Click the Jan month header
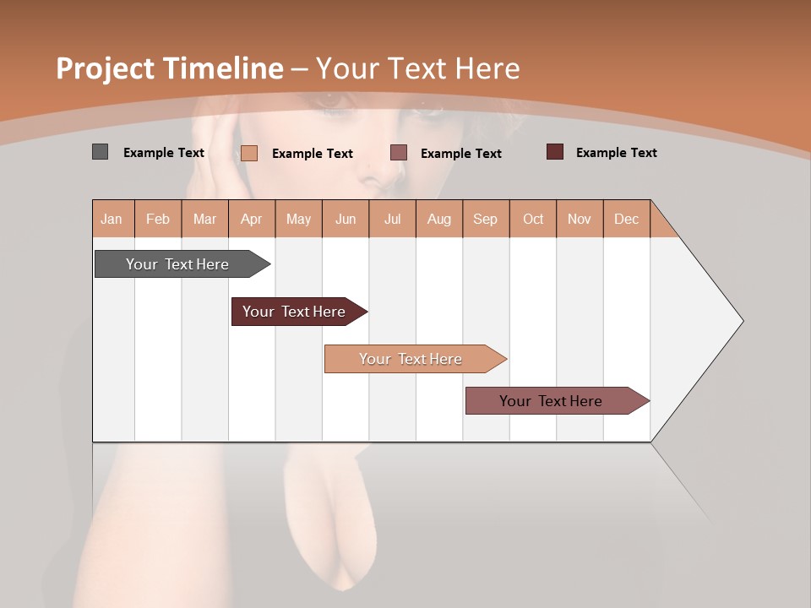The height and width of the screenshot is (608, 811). (112, 219)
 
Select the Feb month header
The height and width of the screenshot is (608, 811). (158, 219)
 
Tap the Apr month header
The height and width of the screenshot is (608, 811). (251, 219)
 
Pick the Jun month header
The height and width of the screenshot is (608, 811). (346, 219)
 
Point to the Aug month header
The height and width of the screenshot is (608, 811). (438, 219)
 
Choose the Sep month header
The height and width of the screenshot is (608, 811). (485, 219)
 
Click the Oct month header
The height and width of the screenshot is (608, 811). (533, 219)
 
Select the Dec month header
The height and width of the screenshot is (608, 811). (626, 219)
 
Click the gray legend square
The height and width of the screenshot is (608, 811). (100, 152)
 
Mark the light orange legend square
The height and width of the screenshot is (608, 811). (249, 153)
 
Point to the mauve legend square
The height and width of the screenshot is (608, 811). (399, 152)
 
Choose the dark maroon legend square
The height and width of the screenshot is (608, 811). (555, 152)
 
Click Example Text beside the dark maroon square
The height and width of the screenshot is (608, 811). (616, 153)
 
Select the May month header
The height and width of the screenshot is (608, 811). (298, 219)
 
